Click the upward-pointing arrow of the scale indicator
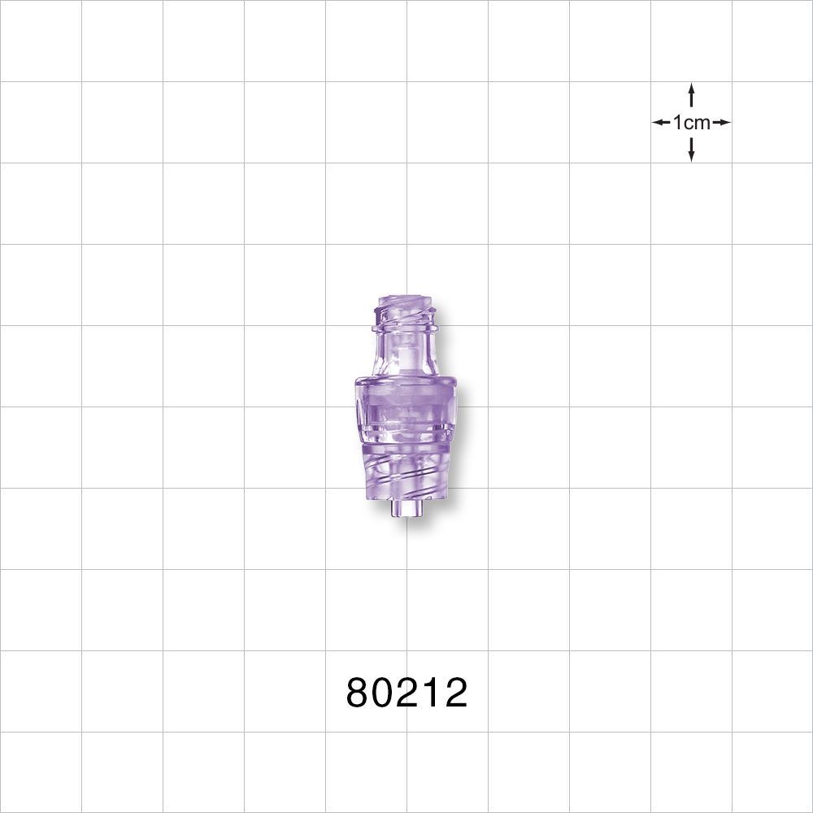pyautogui.click(x=691, y=94)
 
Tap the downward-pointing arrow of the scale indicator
pyautogui.click(x=691, y=150)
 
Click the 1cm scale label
pyautogui.click(x=691, y=123)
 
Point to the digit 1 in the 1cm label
pyautogui.click(x=677, y=123)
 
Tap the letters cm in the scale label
pyautogui.click(x=697, y=123)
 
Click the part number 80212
pyautogui.click(x=406, y=693)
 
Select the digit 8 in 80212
pyautogui.click(x=359, y=693)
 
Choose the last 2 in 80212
pyautogui.click(x=454, y=693)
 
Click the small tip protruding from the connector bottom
pyautogui.click(x=406, y=510)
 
